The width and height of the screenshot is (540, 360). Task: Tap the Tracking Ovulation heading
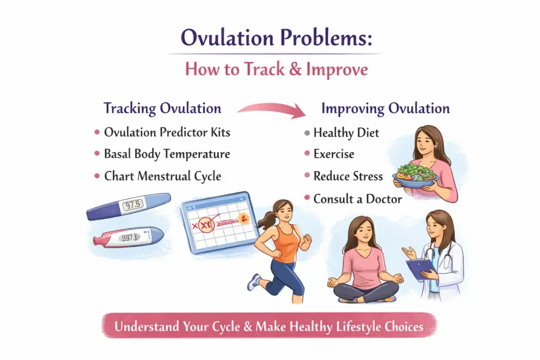(x=162, y=109)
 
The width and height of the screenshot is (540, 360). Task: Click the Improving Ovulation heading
(x=385, y=109)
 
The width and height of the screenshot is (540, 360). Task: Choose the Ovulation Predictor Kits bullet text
(x=167, y=132)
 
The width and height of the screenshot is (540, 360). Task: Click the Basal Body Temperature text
(x=167, y=154)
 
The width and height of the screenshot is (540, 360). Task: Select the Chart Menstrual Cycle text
(x=163, y=176)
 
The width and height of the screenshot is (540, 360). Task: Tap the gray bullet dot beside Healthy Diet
(x=307, y=133)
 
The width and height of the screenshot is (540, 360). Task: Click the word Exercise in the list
(x=334, y=154)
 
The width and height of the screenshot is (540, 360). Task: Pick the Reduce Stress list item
(x=348, y=176)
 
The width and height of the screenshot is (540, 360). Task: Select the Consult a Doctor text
(x=358, y=199)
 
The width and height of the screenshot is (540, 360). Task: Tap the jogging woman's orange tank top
(x=285, y=243)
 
